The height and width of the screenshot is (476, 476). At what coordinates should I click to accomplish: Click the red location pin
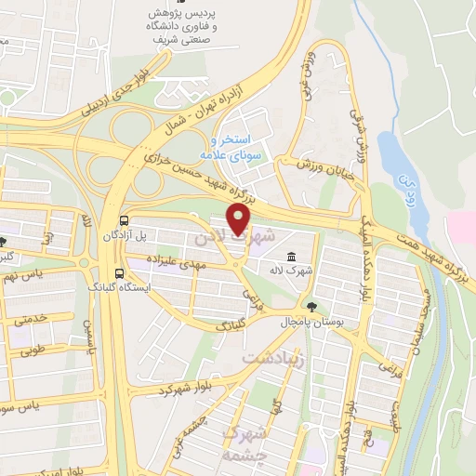[x=239, y=222]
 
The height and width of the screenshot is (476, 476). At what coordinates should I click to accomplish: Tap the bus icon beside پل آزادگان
[x=125, y=220]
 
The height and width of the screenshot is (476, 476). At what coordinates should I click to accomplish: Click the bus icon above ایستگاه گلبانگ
[x=118, y=272]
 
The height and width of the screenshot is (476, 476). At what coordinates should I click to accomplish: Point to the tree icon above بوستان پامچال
[x=311, y=307]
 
